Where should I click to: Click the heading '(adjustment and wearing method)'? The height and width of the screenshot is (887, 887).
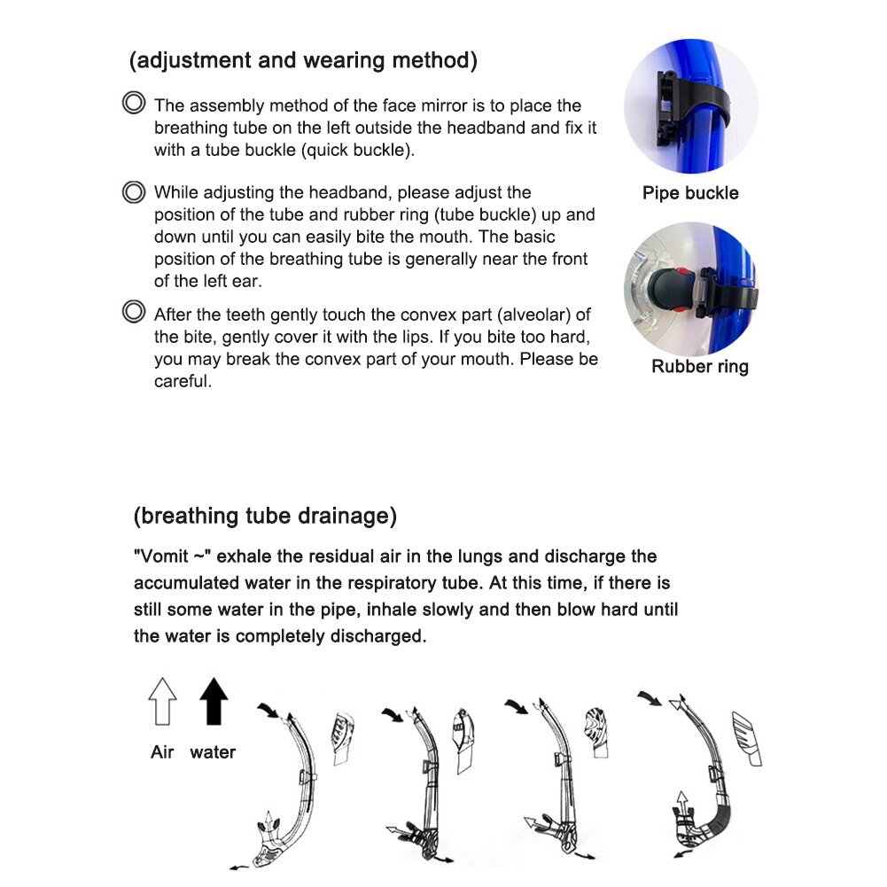(303, 60)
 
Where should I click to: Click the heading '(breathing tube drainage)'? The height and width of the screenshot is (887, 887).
(265, 516)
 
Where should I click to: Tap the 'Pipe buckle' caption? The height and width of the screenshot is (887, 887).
(690, 193)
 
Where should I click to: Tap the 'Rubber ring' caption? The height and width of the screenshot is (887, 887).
(699, 366)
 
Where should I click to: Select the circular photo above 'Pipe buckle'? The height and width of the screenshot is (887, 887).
(691, 106)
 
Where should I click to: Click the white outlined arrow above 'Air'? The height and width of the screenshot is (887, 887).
(162, 701)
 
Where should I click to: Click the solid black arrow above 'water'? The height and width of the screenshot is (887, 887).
(214, 701)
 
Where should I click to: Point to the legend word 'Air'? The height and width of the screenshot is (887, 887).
(162, 752)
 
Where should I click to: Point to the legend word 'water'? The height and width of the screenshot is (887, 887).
(213, 752)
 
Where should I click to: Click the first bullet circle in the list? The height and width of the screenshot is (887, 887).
(133, 104)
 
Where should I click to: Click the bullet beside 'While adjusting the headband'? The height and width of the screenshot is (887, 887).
(133, 191)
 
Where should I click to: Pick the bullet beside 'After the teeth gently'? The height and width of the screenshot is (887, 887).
(133, 313)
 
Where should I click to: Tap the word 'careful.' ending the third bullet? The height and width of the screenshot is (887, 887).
(183, 383)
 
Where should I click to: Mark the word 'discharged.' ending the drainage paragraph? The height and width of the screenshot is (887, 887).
(376, 636)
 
